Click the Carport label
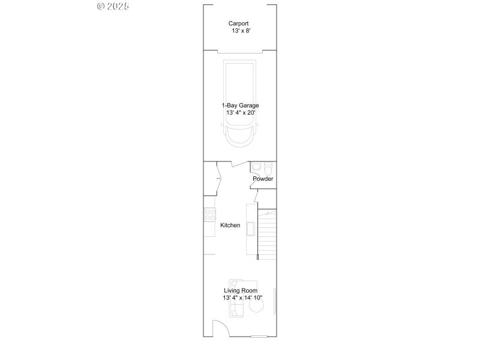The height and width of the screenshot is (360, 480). (238, 23)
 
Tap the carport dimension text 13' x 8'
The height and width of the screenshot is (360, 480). (240, 31)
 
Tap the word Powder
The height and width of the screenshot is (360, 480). (263, 179)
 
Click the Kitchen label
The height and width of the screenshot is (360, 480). (230, 226)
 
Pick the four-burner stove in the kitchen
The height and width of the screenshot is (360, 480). (209, 214)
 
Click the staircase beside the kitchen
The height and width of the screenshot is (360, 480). (267, 234)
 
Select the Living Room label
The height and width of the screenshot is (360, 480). (240, 290)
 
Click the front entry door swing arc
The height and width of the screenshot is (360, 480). (220, 328)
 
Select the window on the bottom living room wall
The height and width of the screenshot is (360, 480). (259, 337)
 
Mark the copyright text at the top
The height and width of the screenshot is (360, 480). (113, 6)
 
